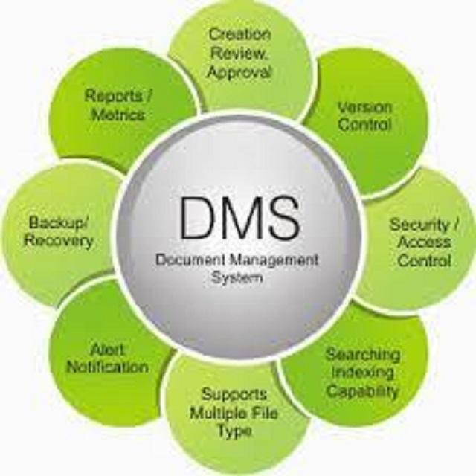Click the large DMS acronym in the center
[238, 219]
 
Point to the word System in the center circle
[237, 279]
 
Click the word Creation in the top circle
[239, 34]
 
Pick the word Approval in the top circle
[239, 72]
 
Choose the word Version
[364, 106]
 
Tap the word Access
[424, 242]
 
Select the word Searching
[362, 354]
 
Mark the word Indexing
[362, 372]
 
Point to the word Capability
[362, 390]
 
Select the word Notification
[107, 367]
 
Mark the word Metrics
[118, 115]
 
